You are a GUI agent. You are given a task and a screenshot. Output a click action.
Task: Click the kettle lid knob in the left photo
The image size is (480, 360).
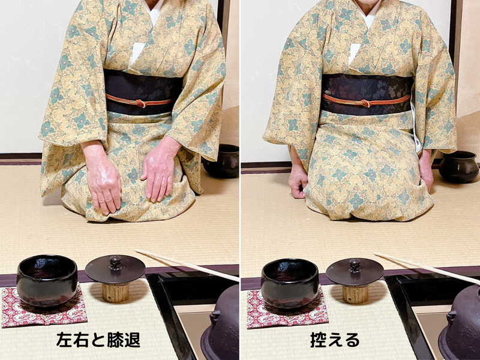pyautogui.click(x=115, y=262)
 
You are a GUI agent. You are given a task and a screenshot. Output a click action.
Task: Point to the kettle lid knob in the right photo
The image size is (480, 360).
pyautogui.click(x=355, y=264)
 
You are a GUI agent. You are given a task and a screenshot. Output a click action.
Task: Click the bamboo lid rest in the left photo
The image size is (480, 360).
pyautogui.click(x=115, y=292)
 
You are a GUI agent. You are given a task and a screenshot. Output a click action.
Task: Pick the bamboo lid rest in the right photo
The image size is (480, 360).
pyautogui.click(x=355, y=293)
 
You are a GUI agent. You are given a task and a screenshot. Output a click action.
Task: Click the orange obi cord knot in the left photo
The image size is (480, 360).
pyautogui.click(x=140, y=103)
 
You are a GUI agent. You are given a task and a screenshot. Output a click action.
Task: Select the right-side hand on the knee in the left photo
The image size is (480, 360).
pyautogui.click(x=158, y=171)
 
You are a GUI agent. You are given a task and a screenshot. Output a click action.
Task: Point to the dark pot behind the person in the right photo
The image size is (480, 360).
pyautogui.click(x=458, y=166)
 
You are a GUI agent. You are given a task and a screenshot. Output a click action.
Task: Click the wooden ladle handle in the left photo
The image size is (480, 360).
pyautogui.click(x=186, y=264)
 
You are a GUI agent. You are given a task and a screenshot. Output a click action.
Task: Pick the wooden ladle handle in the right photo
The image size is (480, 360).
pyautogui.click(x=426, y=267)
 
